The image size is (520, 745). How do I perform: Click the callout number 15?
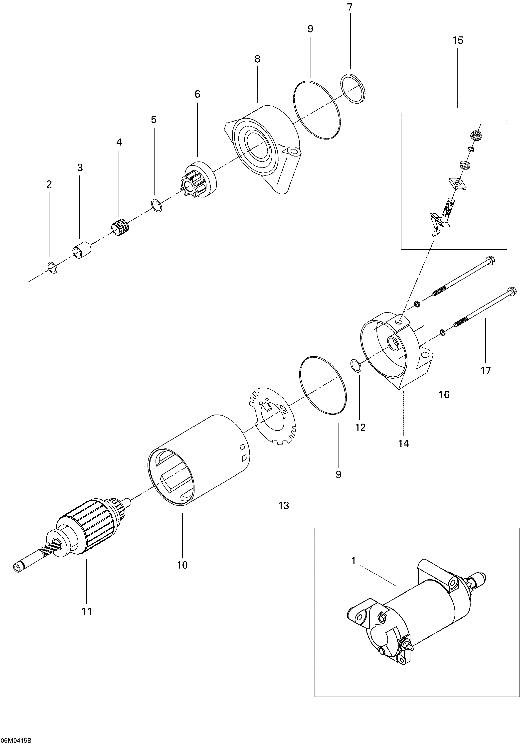[458, 41]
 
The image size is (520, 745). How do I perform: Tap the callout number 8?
[257, 59]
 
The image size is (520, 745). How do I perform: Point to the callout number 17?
[486, 370]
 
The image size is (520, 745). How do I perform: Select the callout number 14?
[404, 443]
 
